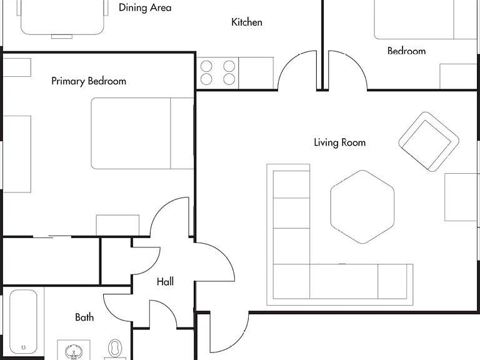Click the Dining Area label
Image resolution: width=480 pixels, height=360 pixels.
pyautogui.click(x=145, y=7)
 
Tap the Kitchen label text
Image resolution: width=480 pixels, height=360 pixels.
pyautogui.click(x=247, y=22)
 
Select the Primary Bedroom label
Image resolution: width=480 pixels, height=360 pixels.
pyautogui.click(x=89, y=81)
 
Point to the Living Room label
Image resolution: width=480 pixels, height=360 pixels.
pyautogui.click(x=340, y=142)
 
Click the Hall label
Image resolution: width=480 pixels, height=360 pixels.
pyautogui.click(x=165, y=282)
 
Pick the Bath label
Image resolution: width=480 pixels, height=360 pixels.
pyautogui.click(x=84, y=317)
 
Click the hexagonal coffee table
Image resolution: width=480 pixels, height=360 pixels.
pyautogui.click(x=362, y=207)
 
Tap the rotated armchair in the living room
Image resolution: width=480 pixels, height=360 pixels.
pyautogui.click(x=429, y=141)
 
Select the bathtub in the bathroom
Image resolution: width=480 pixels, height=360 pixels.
pyautogui.click(x=24, y=321)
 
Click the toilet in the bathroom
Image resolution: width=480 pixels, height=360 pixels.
pyautogui.click(x=115, y=349)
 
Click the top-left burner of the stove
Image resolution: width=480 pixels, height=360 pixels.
pyautogui.click(x=206, y=66)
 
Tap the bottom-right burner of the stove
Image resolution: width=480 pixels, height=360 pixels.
pyautogui.click(x=229, y=79)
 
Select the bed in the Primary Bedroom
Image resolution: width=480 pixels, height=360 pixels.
pyautogui.click(x=142, y=134)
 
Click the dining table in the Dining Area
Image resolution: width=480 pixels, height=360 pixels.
pyautogui.click(x=62, y=17)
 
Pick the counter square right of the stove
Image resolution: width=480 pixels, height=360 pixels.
pyautogui.click(x=256, y=73)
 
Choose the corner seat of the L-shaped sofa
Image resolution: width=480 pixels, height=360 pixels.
pyautogui.click(x=291, y=281)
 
